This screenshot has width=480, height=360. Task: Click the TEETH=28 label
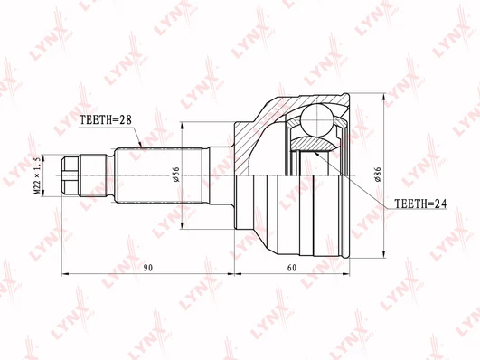(x=105, y=119)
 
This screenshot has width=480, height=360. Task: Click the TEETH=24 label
(x=420, y=204)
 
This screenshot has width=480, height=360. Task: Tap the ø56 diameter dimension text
(x=176, y=175)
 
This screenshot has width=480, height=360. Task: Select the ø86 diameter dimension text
(x=379, y=175)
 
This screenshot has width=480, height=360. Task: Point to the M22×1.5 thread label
(x=37, y=175)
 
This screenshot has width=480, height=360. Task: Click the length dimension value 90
(x=148, y=268)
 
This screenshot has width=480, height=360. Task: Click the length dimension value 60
(x=292, y=268)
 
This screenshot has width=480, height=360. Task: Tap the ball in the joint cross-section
(x=317, y=119)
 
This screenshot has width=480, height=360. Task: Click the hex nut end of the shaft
(x=71, y=175)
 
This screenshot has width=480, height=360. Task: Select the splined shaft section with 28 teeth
(x=159, y=175)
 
